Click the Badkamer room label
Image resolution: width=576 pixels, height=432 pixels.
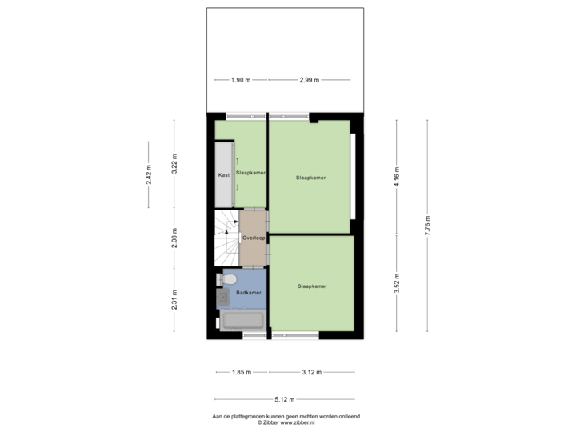[249, 293]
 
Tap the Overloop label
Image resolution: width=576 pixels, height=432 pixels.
[254, 238]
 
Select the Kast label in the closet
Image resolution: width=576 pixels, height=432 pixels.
[224, 175]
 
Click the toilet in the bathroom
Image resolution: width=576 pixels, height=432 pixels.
[226, 279]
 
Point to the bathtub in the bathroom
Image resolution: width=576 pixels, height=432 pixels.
[243, 320]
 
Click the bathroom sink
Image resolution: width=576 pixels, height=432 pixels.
[222, 297]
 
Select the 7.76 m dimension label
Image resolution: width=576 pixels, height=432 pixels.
[427, 226]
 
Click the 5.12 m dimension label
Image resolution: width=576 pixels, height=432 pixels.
[285, 399]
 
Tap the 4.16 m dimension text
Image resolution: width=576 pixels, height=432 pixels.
[397, 177]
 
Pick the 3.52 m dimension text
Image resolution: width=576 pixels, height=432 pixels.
[397, 283]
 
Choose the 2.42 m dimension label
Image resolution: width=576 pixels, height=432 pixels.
[149, 175]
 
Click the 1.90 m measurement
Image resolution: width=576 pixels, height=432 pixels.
[241, 80]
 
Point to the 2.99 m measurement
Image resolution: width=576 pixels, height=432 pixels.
[310, 80]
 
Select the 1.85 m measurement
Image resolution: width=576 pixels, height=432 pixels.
[242, 373]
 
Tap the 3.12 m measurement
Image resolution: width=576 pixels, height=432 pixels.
[312, 373]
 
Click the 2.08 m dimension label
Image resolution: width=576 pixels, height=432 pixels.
[174, 238]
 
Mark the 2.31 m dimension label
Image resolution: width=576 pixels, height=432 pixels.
[174, 300]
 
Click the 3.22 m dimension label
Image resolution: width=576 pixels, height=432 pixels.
[174, 164]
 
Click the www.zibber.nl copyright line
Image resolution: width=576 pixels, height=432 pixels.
[286, 423]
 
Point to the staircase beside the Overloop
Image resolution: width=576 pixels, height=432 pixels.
[226, 238]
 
